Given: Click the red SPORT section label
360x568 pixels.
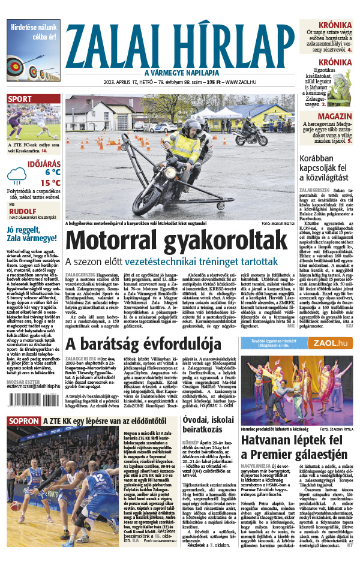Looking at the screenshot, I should tap(20, 99).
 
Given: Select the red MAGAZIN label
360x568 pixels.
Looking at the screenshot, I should tap(335, 116).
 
